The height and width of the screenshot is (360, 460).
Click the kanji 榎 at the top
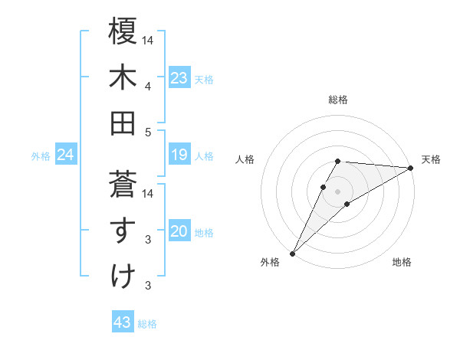[x=123, y=31]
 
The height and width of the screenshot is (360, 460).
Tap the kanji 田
[x=123, y=122]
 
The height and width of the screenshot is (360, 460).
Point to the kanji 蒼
[x=123, y=183]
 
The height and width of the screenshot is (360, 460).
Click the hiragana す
[x=123, y=230]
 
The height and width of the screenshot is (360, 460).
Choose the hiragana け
[x=123, y=275]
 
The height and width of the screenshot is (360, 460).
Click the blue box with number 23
[x=179, y=78]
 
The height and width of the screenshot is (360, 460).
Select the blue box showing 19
[x=179, y=155]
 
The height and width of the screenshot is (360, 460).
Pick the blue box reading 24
[x=65, y=155]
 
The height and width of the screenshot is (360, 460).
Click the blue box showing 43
[x=122, y=322]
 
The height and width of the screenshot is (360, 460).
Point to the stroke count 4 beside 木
[x=148, y=86]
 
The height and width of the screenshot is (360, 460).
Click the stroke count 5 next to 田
[x=148, y=133]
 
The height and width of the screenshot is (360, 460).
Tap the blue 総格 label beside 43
[x=147, y=324]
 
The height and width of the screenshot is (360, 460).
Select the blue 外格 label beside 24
[x=41, y=156]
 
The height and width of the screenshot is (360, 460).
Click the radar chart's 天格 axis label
[x=431, y=159]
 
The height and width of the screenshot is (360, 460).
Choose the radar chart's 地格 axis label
[x=402, y=262]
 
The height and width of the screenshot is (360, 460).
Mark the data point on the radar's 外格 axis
[x=292, y=253]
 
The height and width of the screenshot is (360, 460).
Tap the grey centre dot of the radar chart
[x=337, y=191]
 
